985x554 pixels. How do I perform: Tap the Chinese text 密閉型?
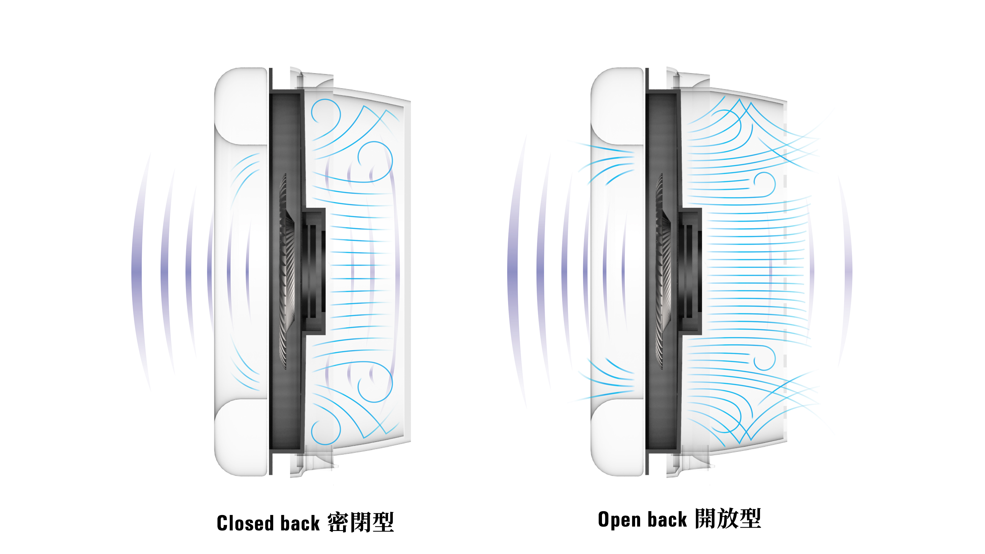point(361,522)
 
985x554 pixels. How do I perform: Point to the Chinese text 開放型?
point(728,519)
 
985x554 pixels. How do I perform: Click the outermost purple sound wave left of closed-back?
point(137,271)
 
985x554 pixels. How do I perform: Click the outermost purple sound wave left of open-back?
point(512,271)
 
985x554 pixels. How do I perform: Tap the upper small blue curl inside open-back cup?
point(765,184)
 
